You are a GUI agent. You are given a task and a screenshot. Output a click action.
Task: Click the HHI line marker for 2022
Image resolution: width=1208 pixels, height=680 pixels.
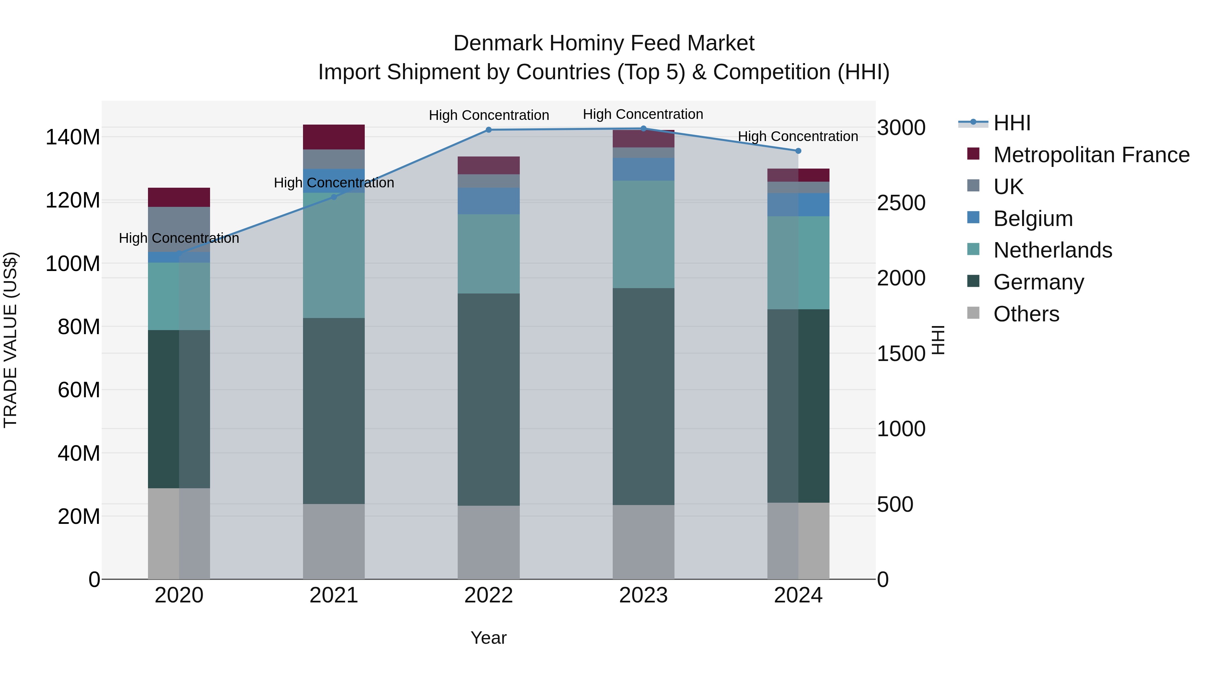tap(488, 130)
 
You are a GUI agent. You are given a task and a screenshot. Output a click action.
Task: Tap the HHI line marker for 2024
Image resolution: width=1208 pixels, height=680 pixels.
tap(798, 151)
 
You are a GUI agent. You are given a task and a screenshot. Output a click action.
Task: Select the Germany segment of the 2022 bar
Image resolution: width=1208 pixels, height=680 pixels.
tap(488, 399)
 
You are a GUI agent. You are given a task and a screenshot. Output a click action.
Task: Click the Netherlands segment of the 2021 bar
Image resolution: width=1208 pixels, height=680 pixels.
tap(334, 256)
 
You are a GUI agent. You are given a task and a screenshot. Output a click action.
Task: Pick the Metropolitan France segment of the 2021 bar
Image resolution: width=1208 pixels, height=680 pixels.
tap(334, 137)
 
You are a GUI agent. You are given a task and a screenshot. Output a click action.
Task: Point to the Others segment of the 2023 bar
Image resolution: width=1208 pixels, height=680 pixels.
tap(643, 542)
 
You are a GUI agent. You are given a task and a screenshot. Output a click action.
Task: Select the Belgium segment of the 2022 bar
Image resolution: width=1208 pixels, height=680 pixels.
tap(488, 201)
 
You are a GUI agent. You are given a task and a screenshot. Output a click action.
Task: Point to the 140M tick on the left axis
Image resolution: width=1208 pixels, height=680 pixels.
tap(73, 137)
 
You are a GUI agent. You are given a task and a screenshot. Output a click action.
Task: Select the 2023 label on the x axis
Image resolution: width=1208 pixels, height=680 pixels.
tap(643, 595)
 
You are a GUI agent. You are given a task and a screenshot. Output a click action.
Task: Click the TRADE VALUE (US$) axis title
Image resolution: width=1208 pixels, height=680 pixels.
tap(10, 340)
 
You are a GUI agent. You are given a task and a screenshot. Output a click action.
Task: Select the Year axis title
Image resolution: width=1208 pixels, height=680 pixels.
tap(488, 638)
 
